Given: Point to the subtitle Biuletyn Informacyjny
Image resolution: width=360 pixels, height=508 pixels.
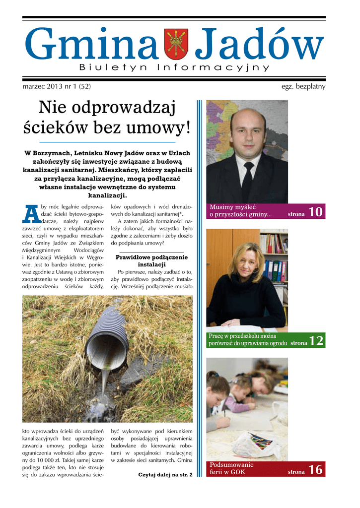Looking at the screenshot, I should (x=174, y=67).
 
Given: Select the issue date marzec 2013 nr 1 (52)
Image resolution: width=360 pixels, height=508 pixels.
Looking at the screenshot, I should (x=57, y=87).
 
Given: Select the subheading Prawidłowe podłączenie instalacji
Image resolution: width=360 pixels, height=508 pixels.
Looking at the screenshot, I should (x=151, y=261).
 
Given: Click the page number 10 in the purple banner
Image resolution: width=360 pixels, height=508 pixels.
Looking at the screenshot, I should (x=315, y=212).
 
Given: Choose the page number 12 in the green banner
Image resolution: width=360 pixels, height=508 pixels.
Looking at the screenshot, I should (x=316, y=340).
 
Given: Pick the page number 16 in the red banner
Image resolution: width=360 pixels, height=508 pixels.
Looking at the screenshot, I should (x=315, y=469).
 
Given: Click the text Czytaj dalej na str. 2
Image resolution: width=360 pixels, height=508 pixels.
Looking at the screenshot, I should (x=165, y=475).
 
